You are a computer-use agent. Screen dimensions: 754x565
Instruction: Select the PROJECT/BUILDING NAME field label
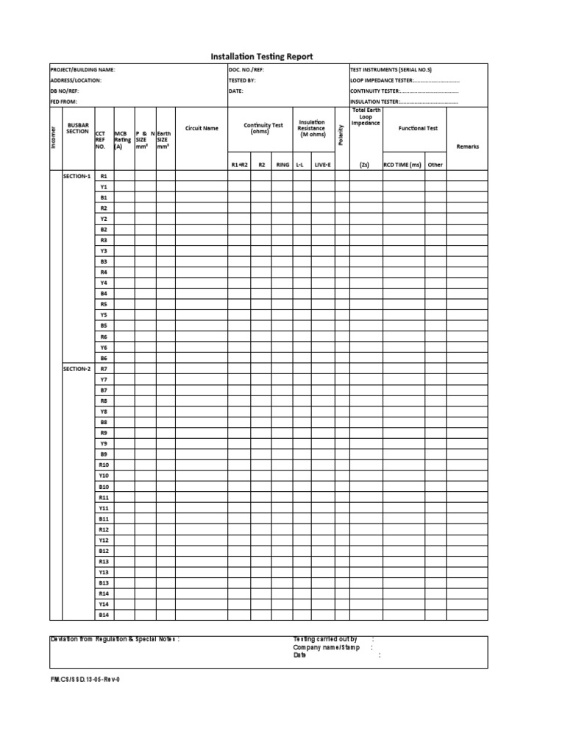[x=82, y=70]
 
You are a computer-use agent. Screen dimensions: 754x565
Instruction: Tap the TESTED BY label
[x=242, y=80]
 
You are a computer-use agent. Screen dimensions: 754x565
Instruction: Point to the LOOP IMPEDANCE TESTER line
[x=405, y=80]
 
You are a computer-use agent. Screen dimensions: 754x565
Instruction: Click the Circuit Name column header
[x=202, y=128]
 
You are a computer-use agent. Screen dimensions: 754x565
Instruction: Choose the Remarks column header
[x=467, y=147]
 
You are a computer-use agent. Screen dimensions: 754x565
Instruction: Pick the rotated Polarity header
[x=341, y=133]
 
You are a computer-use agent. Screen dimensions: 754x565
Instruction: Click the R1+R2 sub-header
[x=239, y=165]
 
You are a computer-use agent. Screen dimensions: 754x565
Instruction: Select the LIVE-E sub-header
[x=322, y=165]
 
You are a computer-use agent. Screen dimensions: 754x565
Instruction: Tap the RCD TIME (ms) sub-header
[x=402, y=165]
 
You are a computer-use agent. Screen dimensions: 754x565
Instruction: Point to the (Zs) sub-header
[x=364, y=165]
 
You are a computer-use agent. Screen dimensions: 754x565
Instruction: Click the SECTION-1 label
[x=76, y=177]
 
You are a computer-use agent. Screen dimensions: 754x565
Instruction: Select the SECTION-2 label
[x=76, y=368]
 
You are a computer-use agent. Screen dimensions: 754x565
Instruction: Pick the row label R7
[x=104, y=368]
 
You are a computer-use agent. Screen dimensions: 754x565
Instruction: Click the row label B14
[x=104, y=614]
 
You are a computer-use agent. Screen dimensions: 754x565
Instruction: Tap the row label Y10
[x=104, y=476]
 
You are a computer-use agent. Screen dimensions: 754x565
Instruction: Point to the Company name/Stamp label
[x=327, y=647]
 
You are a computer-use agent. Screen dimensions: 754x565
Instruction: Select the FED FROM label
[x=63, y=102]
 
